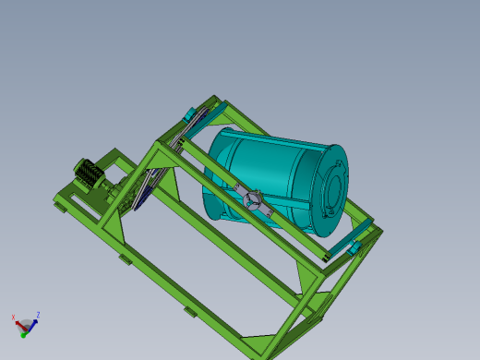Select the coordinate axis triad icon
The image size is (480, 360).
(26, 323)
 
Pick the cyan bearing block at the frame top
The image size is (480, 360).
(190, 115)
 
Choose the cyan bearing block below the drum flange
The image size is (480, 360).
(353, 247)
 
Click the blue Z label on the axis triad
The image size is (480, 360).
(37, 315)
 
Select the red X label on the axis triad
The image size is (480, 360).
(14, 318)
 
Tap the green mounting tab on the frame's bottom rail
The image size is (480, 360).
(190, 311)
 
